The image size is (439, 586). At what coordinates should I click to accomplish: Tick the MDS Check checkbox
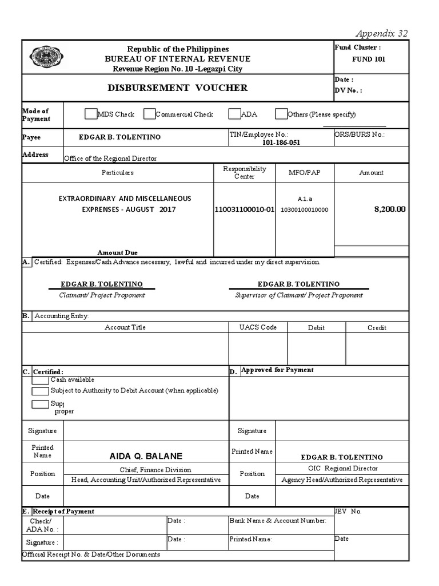[90, 114]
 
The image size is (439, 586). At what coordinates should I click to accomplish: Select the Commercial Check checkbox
[149, 114]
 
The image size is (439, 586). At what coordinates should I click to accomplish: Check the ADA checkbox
[234, 114]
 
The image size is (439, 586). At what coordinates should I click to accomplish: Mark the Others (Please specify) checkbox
[281, 114]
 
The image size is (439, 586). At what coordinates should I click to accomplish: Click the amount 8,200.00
[389, 209]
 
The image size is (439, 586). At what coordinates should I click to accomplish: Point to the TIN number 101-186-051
[281, 142]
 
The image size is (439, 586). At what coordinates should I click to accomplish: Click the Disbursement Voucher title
[178, 88]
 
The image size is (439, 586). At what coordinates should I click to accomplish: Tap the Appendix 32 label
[382, 33]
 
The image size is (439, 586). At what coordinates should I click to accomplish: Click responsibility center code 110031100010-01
[244, 210]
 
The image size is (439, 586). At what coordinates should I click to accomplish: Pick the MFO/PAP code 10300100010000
[304, 210]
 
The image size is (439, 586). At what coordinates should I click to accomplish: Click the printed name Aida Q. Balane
[146, 456]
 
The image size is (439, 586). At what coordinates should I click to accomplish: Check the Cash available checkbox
[40, 380]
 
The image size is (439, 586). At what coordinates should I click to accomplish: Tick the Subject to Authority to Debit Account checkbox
[40, 391]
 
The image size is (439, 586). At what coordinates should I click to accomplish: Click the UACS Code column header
[258, 327]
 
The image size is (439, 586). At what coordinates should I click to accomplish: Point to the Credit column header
[377, 328]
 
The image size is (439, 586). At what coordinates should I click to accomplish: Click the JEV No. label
[348, 511]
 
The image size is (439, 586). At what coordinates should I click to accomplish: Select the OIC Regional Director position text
[342, 468]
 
